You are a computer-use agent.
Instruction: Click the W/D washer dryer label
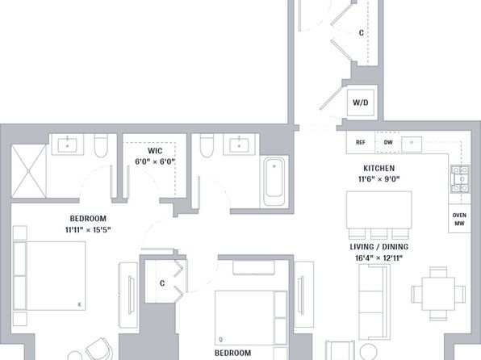click(361, 103)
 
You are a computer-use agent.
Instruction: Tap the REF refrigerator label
click(361, 142)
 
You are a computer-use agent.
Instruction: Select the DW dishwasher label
click(388, 142)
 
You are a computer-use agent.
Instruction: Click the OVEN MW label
click(459, 219)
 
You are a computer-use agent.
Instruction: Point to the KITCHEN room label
click(379, 168)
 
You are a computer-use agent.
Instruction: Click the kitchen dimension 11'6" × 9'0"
click(379, 179)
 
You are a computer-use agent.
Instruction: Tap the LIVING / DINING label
click(379, 247)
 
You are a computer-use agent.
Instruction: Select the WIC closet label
click(155, 151)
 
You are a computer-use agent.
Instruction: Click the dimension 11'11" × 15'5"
click(88, 229)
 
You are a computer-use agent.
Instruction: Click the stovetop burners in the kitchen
click(460, 179)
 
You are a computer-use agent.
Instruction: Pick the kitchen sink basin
click(412, 144)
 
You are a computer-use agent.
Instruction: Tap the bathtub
click(274, 182)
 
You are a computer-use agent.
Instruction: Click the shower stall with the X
click(28, 171)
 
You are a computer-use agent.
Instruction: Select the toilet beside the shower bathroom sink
click(101, 145)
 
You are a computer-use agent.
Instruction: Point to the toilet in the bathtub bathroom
click(207, 145)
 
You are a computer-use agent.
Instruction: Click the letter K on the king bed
click(79, 305)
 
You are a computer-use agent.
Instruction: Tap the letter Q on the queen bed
click(220, 340)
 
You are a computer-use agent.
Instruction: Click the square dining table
click(438, 294)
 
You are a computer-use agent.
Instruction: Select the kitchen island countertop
click(379, 210)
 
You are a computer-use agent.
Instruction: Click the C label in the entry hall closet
click(362, 32)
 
